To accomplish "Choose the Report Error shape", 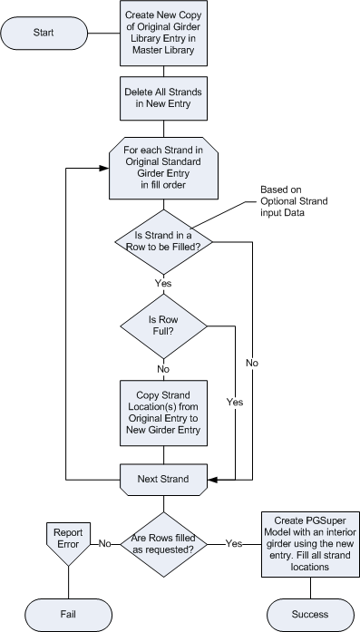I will pos(67,541).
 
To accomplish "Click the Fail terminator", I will pos(68,614).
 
